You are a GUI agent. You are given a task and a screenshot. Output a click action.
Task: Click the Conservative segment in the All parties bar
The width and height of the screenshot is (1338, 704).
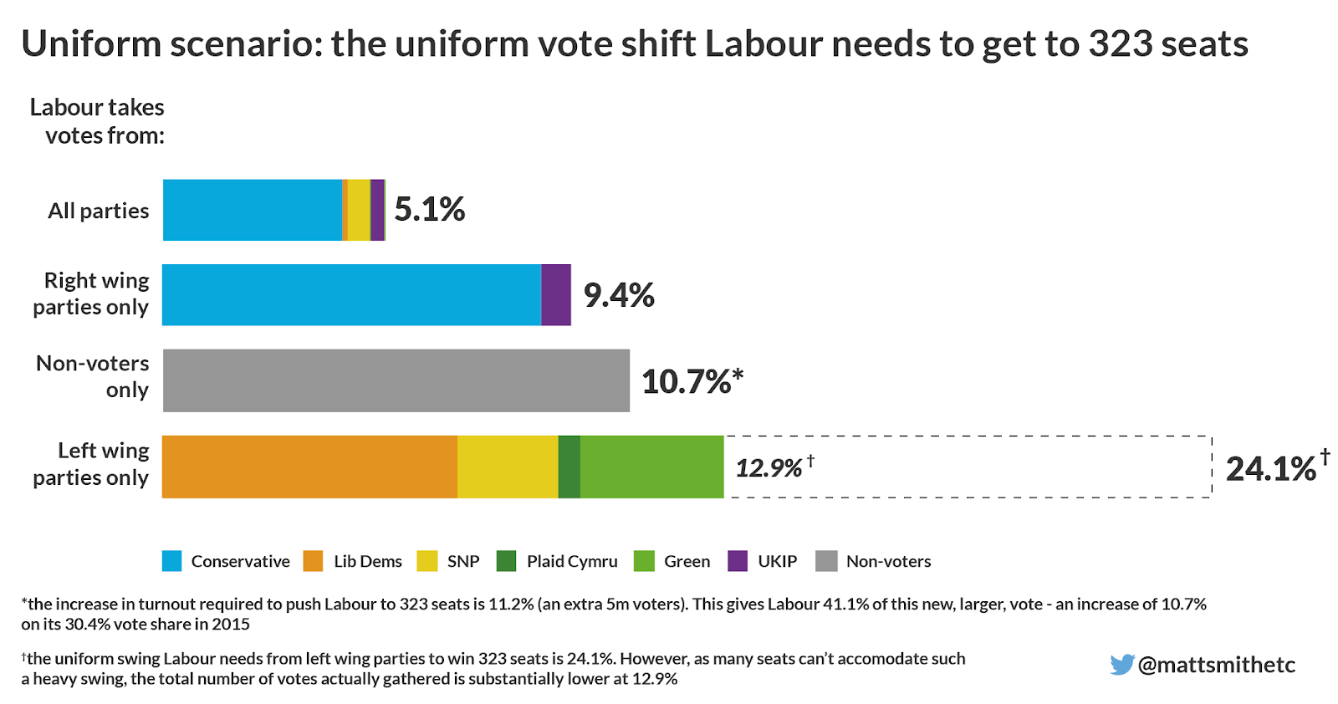click(252, 210)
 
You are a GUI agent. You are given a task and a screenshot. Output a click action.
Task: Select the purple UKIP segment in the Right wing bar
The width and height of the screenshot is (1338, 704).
click(556, 295)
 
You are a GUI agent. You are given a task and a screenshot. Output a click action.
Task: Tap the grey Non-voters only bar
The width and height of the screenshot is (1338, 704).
click(396, 380)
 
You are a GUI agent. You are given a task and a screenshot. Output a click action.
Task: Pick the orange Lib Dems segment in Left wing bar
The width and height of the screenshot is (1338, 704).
click(309, 467)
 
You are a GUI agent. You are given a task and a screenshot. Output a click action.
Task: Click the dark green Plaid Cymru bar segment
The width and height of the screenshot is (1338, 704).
click(569, 467)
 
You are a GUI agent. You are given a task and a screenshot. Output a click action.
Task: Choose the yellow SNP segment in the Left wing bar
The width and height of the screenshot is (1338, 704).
click(508, 467)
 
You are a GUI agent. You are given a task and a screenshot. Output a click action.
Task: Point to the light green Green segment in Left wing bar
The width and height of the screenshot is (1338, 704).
click(651, 467)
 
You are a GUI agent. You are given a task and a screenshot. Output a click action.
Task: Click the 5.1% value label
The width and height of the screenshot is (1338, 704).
click(429, 210)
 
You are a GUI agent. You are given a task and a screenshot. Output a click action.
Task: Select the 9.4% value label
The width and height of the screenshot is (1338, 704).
click(619, 295)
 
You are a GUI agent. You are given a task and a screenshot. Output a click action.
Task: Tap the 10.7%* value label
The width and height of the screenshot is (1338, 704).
click(692, 381)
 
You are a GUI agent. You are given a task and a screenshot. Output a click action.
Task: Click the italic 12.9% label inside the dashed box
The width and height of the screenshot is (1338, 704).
click(770, 467)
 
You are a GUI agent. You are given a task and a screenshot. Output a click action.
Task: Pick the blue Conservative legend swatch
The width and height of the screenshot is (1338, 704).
click(171, 561)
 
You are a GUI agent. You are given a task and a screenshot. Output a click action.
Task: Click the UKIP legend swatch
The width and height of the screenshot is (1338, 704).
click(738, 561)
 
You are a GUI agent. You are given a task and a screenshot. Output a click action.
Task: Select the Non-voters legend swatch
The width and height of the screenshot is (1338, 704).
click(826, 561)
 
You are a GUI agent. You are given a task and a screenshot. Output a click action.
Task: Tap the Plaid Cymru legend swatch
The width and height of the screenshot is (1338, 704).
click(506, 561)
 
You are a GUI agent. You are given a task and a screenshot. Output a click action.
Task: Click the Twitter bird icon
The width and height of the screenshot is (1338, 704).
click(1121, 665)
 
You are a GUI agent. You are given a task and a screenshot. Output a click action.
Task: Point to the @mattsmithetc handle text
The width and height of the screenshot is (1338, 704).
click(1217, 665)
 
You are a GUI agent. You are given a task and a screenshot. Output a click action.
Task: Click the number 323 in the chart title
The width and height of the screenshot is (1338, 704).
click(1121, 44)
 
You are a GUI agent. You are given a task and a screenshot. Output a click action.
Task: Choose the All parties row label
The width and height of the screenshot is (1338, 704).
click(99, 211)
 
